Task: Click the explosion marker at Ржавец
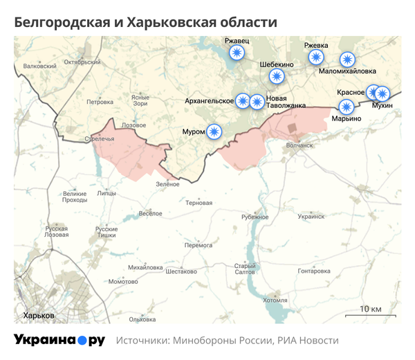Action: click(237, 54)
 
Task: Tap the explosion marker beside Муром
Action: click(215, 131)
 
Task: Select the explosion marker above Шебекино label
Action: click(277, 76)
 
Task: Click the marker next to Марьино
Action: click(346, 107)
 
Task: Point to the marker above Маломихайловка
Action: click(347, 60)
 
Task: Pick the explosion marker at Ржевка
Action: click(316, 57)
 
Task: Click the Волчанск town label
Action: click(299, 145)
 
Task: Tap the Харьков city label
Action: click(39, 316)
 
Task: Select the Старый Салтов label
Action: click(245, 269)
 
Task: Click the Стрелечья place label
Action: click(99, 138)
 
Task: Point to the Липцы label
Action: click(107, 194)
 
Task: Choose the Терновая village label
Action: click(199, 203)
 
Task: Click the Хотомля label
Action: click(275, 300)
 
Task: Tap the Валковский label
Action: click(39, 66)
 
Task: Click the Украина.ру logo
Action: click(59, 340)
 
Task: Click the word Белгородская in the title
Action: click(59, 22)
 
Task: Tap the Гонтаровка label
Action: click(315, 271)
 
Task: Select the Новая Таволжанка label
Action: click(286, 102)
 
